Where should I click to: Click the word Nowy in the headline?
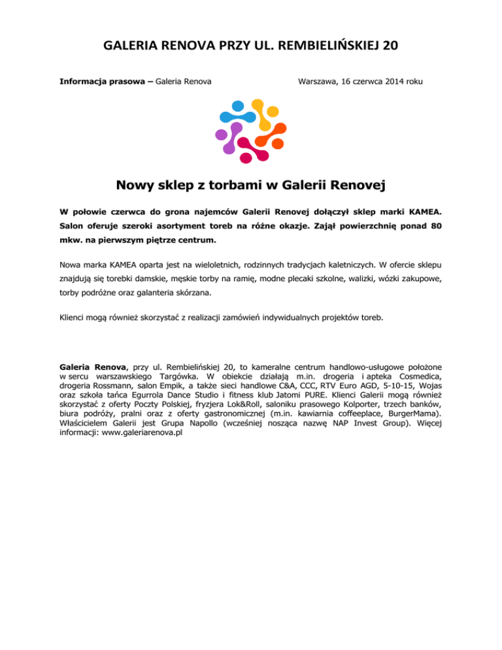point(138,186)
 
